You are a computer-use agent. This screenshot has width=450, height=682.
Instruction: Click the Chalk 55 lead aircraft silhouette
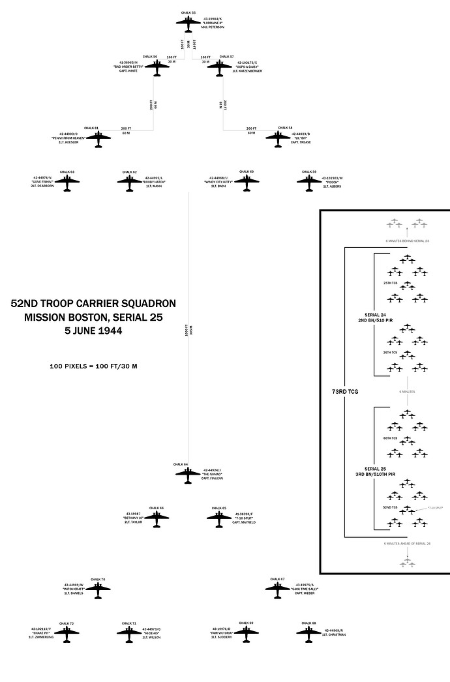point(188,23)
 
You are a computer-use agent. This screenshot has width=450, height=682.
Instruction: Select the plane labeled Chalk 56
point(157,67)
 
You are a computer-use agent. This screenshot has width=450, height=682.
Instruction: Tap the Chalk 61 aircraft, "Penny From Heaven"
point(98,138)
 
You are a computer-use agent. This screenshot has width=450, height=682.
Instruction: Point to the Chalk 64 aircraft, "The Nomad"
point(188,474)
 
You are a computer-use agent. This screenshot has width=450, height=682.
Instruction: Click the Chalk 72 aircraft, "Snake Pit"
point(67,633)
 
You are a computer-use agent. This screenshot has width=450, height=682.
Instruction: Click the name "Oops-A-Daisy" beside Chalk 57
point(248,67)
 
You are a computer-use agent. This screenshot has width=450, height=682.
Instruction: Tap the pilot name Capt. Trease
point(300,143)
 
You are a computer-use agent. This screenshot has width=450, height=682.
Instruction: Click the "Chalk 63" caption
point(67,172)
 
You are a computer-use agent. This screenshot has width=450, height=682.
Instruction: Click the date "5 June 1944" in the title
point(93,331)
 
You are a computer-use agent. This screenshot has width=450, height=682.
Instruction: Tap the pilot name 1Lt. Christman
point(333,634)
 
